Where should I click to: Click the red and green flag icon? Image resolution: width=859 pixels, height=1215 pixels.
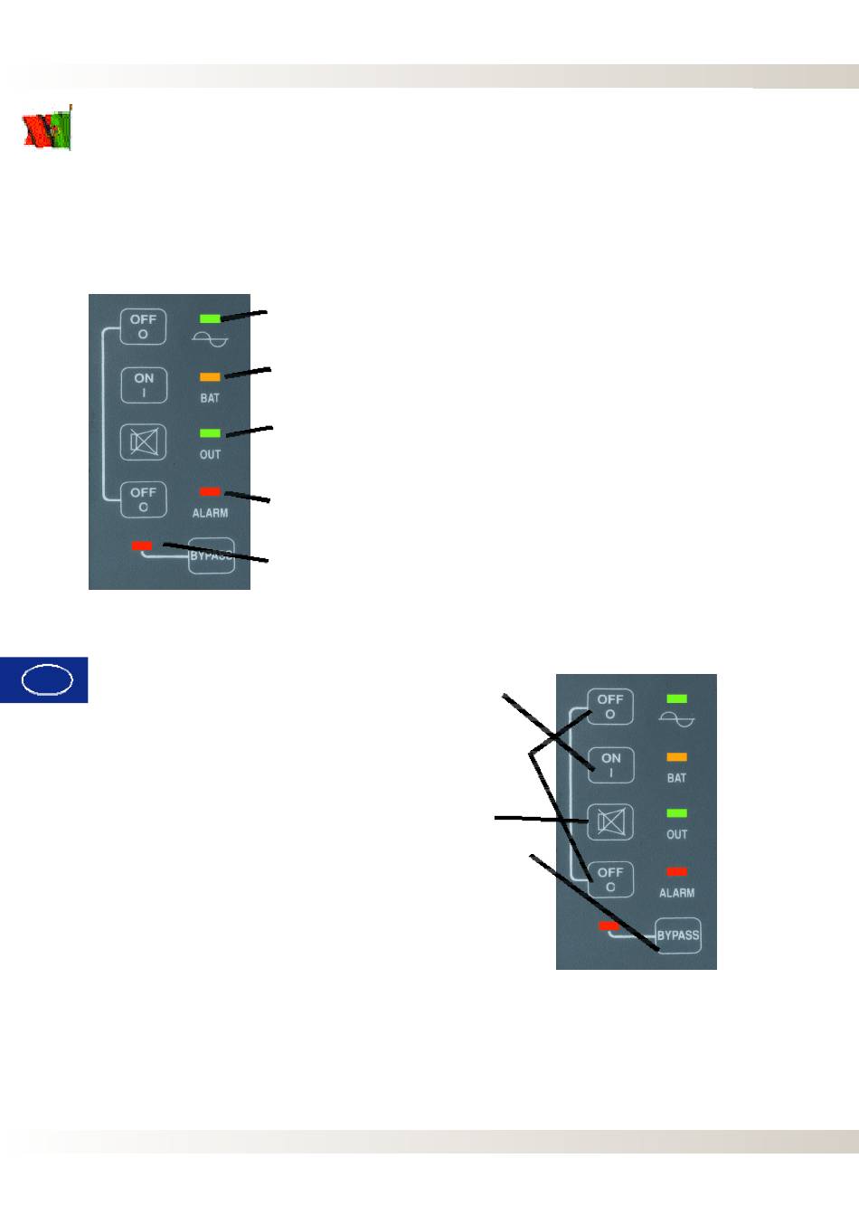pos(47,129)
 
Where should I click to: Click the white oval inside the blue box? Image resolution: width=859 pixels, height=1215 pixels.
pos(47,679)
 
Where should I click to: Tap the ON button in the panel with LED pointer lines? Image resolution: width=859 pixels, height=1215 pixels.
pos(144,384)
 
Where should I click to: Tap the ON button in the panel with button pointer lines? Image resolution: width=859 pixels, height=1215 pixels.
pos(611,765)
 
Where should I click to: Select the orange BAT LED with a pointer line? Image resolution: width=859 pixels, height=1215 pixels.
pos(210,376)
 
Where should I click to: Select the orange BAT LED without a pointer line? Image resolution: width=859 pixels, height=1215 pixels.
pos(676,757)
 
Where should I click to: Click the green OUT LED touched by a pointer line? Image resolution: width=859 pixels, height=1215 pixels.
pos(210,433)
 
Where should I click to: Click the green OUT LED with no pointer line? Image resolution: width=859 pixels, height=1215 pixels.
pos(676,813)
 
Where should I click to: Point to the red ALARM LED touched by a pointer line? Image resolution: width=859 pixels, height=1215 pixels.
pos(210,491)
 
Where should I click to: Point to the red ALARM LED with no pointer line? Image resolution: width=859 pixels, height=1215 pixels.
pos(676,871)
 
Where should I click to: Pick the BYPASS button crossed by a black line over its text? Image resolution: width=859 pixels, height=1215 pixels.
pos(212,556)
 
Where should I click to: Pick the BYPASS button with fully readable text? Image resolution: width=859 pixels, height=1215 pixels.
pos(678,935)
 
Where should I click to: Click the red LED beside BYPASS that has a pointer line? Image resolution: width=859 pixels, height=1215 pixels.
pos(142,546)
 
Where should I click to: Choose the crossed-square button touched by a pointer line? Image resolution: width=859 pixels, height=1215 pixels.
pos(611,822)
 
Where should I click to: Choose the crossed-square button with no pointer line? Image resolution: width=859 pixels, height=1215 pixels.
pos(144,441)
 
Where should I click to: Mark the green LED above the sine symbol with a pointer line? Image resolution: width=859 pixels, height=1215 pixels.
pos(210,318)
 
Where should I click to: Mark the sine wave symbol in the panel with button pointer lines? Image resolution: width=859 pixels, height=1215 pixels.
pos(677,719)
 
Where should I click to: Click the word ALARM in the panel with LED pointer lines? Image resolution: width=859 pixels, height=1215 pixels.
pos(210,513)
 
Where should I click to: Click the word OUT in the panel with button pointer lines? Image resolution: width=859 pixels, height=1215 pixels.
pos(676,834)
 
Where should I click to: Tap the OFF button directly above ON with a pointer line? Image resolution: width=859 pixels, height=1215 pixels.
pos(610,707)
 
